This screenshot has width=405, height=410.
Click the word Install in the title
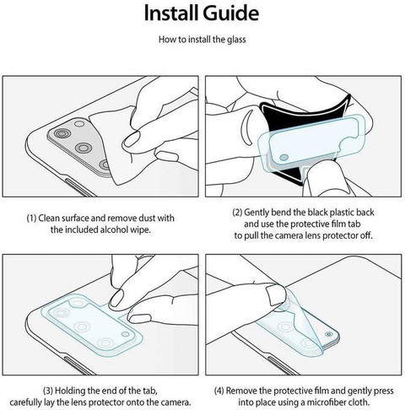point(171,13)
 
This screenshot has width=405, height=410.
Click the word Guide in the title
point(231,13)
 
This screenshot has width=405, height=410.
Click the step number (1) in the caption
point(31,218)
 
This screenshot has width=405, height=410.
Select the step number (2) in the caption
point(237,212)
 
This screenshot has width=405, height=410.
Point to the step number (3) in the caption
point(48,391)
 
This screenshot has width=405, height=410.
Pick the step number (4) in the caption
point(219,391)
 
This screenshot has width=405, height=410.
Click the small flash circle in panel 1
point(79,123)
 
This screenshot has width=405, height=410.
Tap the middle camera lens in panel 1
point(84,147)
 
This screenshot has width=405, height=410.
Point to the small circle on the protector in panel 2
point(284,157)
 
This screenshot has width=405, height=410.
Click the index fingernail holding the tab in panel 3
point(116,298)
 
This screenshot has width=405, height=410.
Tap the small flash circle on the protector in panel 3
point(125,334)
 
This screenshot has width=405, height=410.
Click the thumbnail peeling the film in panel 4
point(276,295)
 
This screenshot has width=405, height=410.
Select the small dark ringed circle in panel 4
point(328,334)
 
